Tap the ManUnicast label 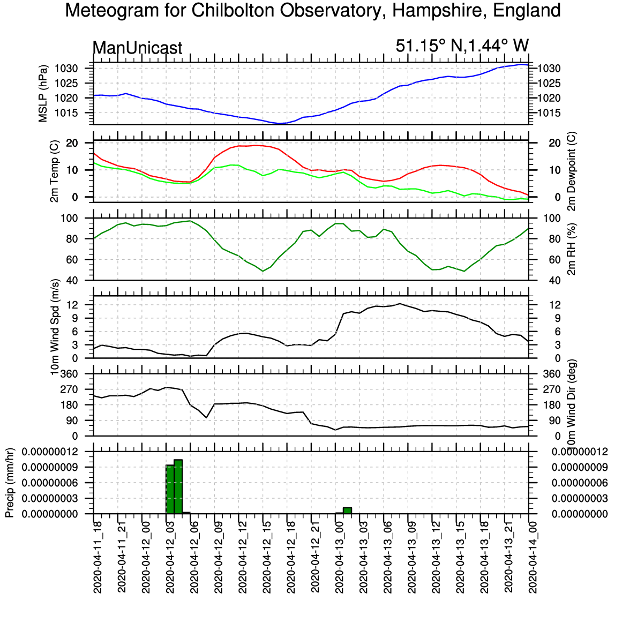pos(138,48)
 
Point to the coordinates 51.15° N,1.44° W pos(462,46)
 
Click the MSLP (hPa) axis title pos(43,93)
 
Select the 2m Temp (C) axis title pos(55,171)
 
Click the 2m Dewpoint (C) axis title pos(571,171)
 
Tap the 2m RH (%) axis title pos(571,249)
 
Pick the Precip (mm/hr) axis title pos(10,483)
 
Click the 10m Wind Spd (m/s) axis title pos(55,327)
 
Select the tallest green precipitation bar pos(178,487)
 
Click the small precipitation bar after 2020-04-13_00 pos(347,511)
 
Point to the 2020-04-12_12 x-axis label pos(243,558)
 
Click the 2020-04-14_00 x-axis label pos(533,558)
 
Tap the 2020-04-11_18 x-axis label pos(98,558)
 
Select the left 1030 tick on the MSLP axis pos(66,69)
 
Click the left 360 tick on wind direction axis pos(69,374)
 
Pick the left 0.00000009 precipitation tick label pos(49,467)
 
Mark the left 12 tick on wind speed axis pos(72,305)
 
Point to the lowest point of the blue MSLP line pos(280,124)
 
